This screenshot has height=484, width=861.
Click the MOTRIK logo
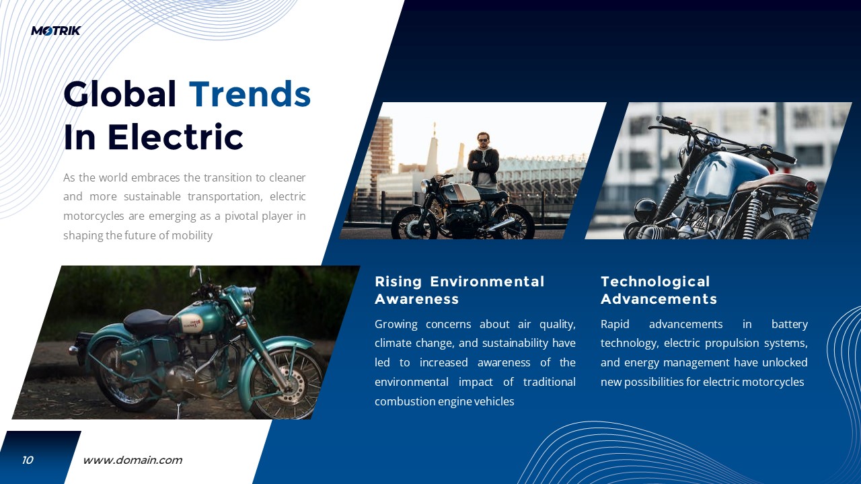[x=56, y=30]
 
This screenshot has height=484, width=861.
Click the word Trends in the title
[x=250, y=94]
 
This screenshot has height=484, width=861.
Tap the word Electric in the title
[x=175, y=137]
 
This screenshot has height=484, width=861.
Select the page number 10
[x=28, y=460]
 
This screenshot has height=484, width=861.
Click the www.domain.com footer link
[x=133, y=460]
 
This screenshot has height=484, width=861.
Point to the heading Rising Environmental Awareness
[x=459, y=290]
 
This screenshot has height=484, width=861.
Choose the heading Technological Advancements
[x=659, y=290]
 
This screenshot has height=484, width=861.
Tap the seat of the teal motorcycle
[x=149, y=319]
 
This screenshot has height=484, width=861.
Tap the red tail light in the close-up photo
[x=811, y=186]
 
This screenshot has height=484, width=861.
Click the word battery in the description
[x=789, y=324]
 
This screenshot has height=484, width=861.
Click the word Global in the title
[x=120, y=94]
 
